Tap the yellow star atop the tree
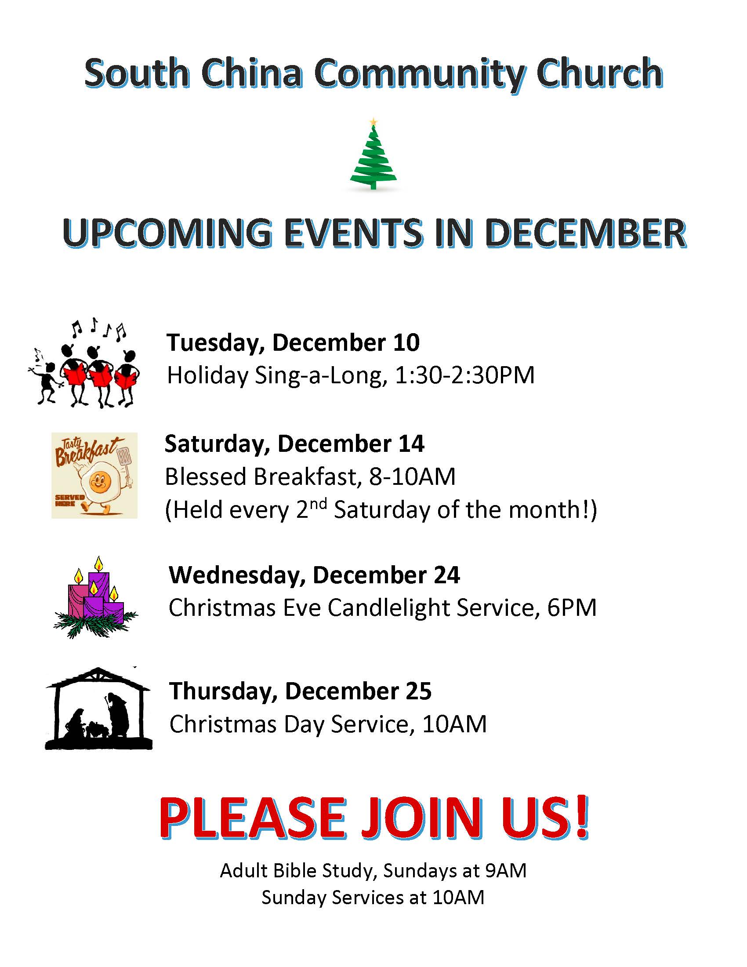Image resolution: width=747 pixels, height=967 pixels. point(374,121)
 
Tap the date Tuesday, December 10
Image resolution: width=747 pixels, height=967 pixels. point(293,343)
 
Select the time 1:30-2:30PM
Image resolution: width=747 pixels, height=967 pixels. point(464,375)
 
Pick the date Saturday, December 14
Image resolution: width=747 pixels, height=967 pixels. point(294,444)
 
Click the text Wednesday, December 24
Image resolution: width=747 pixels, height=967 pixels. point(314,575)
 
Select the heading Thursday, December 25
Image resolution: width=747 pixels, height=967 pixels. point(300,691)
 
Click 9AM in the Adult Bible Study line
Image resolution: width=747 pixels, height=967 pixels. point(506,870)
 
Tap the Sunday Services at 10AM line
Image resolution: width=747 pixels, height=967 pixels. point(373,897)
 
